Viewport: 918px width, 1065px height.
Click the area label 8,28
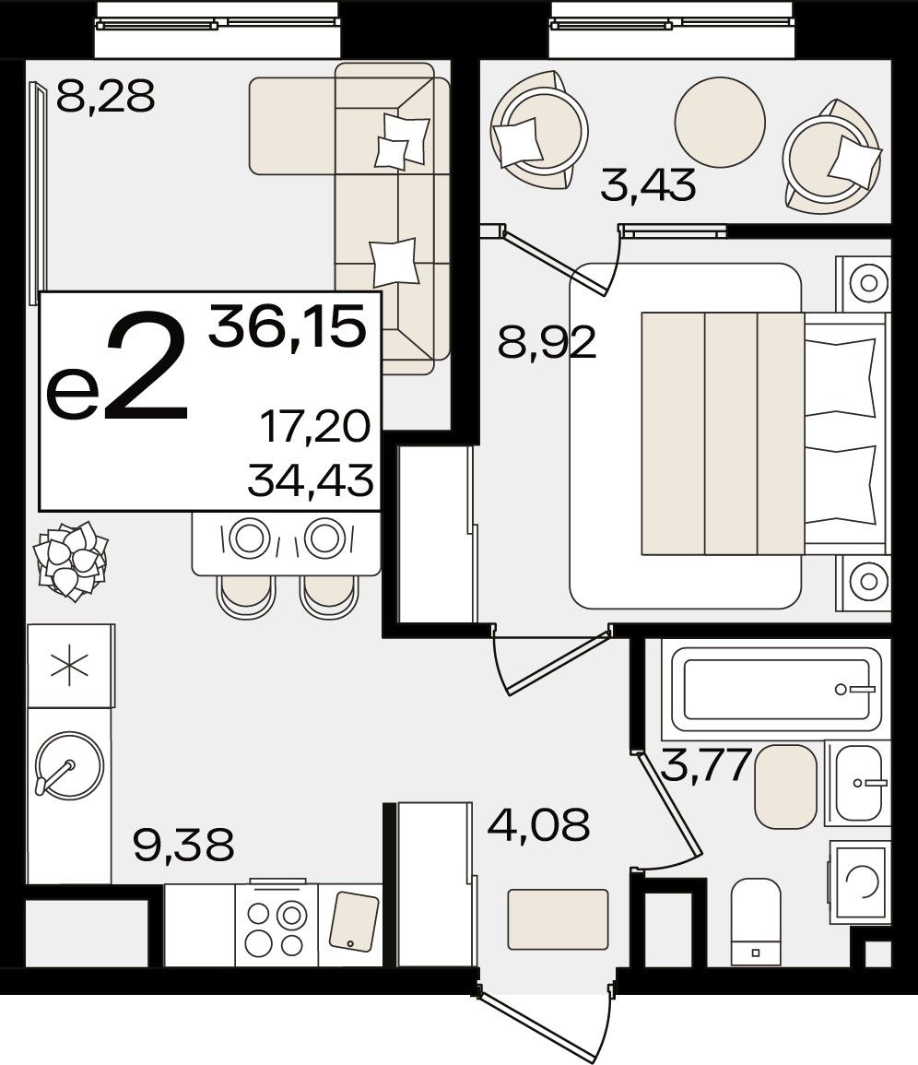[105, 96]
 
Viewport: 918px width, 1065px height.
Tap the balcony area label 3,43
[649, 185]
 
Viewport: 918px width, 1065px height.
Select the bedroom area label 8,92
[547, 342]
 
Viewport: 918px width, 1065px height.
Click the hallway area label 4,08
[538, 824]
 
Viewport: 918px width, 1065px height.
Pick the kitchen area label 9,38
[183, 845]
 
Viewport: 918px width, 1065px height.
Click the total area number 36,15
[288, 326]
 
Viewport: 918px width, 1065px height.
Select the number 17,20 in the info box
[316, 427]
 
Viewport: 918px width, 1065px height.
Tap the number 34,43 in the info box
[311, 479]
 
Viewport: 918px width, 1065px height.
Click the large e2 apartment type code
[117, 368]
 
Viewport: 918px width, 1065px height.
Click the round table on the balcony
[720, 123]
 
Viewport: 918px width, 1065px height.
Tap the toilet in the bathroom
[756, 922]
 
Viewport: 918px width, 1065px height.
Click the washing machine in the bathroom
[860, 882]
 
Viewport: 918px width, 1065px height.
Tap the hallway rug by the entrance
[558, 919]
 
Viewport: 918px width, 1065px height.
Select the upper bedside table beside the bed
[863, 283]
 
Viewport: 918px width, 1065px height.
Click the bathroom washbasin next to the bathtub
[858, 783]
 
